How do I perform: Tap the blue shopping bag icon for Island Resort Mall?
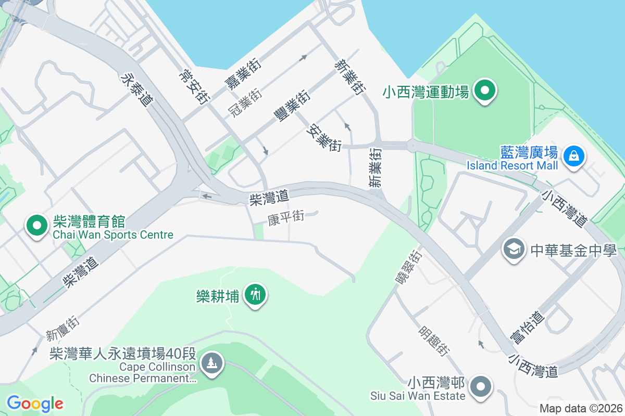(573, 155)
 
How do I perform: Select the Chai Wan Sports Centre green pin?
(37, 226)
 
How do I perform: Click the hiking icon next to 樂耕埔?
(255, 295)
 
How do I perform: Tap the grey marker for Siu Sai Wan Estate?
(480, 386)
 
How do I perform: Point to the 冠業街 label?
(245, 102)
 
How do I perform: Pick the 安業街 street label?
(326, 137)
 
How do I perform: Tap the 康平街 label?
(285, 217)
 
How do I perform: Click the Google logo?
(35, 403)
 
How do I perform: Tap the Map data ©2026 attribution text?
(581, 408)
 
